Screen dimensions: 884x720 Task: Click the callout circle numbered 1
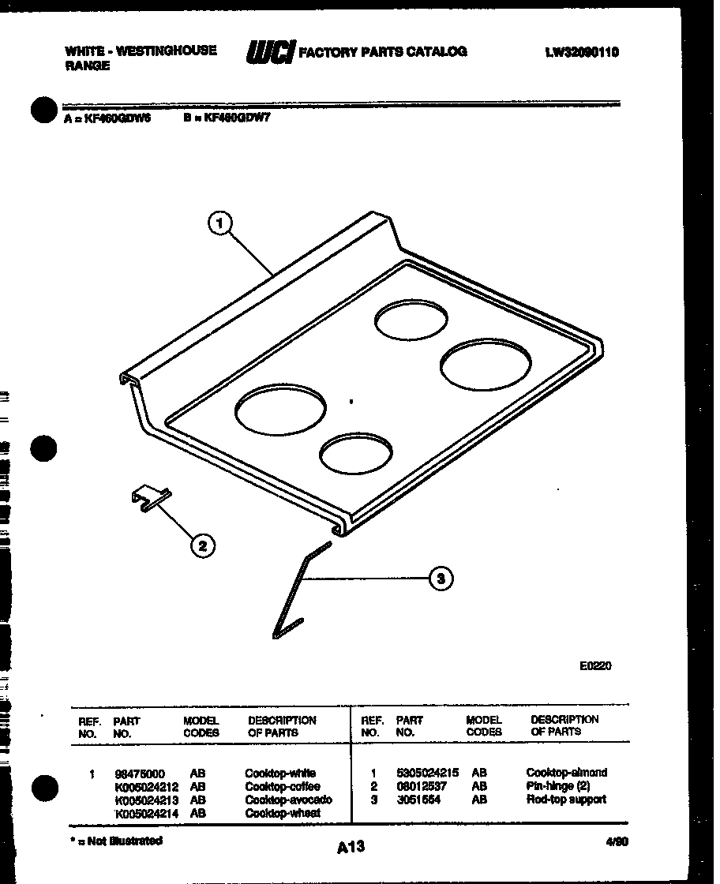click(219, 223)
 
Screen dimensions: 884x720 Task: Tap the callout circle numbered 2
click(203, 545)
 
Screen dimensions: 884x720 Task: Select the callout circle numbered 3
click(441, 579)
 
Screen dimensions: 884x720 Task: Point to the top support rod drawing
click(297, 588)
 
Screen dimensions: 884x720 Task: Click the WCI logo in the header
click(270, 52)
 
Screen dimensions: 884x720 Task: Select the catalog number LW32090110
click(582, 53)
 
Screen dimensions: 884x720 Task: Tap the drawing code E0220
click(595, 665)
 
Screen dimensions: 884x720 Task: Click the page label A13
click(351, 847)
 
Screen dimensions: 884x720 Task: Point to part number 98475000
click(141, 773)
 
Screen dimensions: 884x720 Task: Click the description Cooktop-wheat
click(282, 813)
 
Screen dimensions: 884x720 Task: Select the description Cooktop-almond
click(566, 773)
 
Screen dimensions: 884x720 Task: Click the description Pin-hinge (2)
click(557, 786)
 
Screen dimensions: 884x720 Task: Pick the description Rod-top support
click(566, 800)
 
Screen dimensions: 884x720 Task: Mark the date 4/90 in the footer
click(618, 842)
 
